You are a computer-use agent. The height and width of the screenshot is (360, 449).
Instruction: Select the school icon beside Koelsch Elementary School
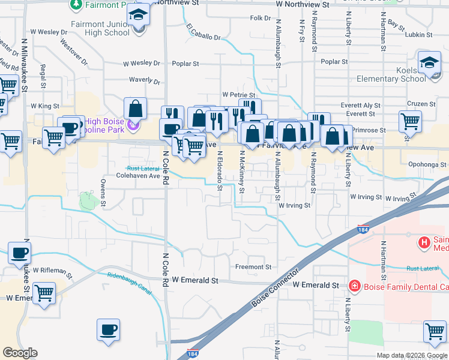pyautogui.click(x=430, y=62)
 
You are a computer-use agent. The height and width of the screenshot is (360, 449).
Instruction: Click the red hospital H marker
pyautogui.click(x=424, y=243)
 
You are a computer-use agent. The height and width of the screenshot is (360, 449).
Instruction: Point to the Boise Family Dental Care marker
pyautogui.click(x=355, y=286)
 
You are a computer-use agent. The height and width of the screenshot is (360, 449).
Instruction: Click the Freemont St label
pyautogui.click(x=253, y=267)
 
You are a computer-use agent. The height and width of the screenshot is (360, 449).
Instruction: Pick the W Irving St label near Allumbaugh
pyautogui.click(x=294, y=205)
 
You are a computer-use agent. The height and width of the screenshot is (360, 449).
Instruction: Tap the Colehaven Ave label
pyautogui.click(x=137, y=176)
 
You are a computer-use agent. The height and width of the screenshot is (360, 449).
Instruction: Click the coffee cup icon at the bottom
pyautogui.click(x=109, y=329)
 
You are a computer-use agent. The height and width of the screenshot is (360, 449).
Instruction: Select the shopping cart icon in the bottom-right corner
pyautogui.click(x=435, y=331)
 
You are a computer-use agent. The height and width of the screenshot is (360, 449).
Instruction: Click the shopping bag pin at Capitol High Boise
pyautogui.click(x=136, y=109)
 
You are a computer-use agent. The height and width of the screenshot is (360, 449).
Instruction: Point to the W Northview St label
pyautogui.click(x=303, y=4)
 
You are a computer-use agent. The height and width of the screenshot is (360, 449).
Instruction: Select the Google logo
pyautogui.click(x=20, y=353)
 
